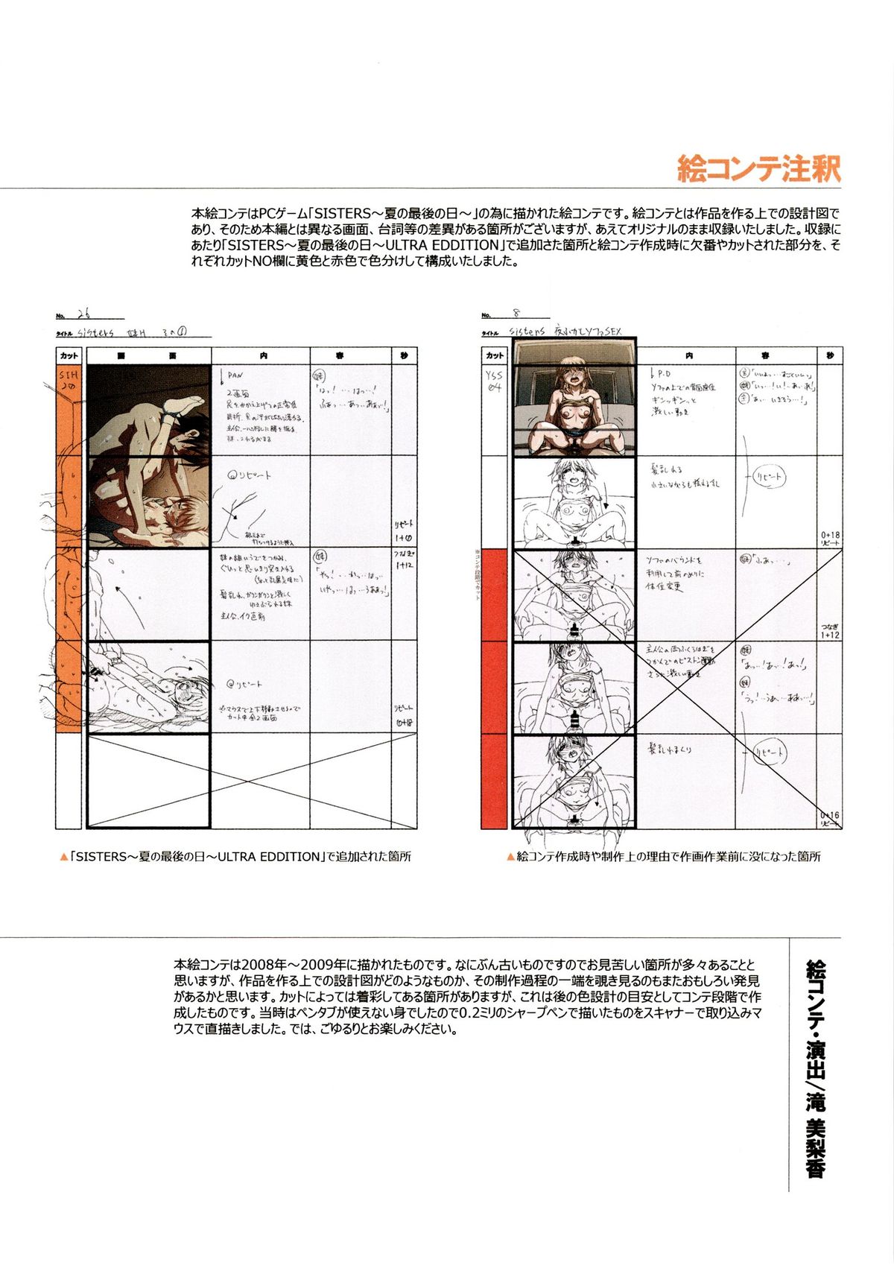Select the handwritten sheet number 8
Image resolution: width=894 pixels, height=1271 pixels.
[x=516, y=314]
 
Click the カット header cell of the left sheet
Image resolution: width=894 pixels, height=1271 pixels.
[x=69, y=356]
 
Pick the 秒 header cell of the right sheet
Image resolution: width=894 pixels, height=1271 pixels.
[x=830, y=356]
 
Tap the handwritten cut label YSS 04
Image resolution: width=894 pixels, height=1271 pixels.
[x=494, y=381]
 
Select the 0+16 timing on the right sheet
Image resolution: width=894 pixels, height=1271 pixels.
[x=830, y=815]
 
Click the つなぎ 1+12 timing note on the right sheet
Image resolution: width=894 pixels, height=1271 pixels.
[x=830, y=630]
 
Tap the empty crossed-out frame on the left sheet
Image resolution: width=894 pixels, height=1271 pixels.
[x=148, y=780]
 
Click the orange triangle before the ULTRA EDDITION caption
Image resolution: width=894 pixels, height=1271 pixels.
[x=63, y=858]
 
